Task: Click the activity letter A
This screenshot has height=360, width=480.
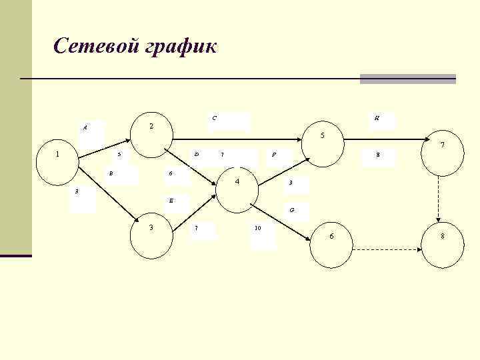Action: [x=85, y=127]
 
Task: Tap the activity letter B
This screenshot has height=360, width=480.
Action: [x=111, y=174]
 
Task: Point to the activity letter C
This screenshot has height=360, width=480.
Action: [x=214, y=119]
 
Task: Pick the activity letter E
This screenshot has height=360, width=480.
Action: [x=171, y=200]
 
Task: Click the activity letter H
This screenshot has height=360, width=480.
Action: [x=377, y=118]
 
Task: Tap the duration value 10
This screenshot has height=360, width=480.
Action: [x=257, y=229]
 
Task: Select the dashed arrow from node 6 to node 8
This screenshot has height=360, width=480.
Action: [x=387, y=250]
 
